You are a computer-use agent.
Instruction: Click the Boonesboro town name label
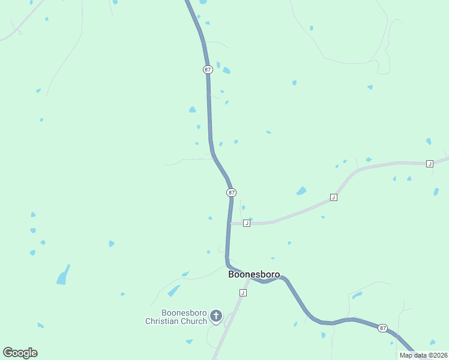coord(254,274)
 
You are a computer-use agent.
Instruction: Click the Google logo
coord(20,353)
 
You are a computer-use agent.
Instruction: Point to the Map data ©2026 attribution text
coord(423,355)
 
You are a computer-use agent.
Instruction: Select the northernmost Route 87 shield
coord(208,70)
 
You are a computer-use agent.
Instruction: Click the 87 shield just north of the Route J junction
coord(231,193)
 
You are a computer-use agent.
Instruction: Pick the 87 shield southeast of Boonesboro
coord(382,328)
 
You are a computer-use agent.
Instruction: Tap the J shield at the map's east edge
coord(429,164)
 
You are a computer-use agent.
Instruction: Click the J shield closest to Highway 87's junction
coord(246,223)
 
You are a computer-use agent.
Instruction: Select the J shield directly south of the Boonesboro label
coord(243,293)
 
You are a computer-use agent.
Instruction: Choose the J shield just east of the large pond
coord(333,197)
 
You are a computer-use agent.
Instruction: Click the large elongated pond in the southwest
coord(62,275)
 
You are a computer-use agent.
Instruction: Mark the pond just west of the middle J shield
coord(301,191)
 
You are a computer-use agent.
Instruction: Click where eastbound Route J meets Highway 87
coord(229,223)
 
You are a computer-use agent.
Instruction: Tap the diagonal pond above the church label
coord(174,291)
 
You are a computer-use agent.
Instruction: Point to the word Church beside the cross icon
coord(195,321)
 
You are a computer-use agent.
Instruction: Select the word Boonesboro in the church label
coord(183,313)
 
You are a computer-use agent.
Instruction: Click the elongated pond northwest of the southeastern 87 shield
coord(357,295)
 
